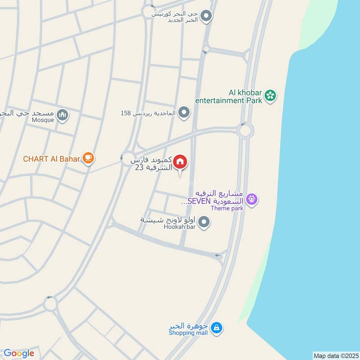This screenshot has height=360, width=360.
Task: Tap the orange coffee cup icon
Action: [x=89, y=158]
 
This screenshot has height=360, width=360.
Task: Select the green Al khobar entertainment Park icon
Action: [x=270, y=95]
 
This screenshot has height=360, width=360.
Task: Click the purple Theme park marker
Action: [x=252, y=198]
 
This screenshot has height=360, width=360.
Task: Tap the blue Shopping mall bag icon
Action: [x=217, y=328]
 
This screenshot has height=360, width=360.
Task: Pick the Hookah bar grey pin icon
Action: [x=204, y=221]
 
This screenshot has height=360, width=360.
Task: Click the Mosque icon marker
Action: [x=63, y=116]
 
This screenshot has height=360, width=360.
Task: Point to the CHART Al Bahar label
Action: [x=52, y=158]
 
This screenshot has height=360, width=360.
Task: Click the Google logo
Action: [x=19, y=353]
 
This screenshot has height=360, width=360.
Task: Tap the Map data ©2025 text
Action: [x=335, y=355]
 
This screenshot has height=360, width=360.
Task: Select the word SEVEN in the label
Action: [x=196, y=201]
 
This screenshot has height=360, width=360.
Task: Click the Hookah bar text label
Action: [x=180, y=228]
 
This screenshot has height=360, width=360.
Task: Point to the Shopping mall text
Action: [x=189, y=333]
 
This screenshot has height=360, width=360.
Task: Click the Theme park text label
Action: [x=227, y=208]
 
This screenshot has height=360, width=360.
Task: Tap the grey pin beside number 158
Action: [x=184, y=112]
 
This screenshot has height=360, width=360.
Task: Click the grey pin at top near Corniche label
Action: [x=206, y=17]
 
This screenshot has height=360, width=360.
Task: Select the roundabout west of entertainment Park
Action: [x=245, y=131]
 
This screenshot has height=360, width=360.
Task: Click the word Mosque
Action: [x=43, y=120]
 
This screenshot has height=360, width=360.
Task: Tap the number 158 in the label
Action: [x=126, y=112]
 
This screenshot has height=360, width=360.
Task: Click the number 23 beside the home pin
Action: [x=139, y=167]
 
